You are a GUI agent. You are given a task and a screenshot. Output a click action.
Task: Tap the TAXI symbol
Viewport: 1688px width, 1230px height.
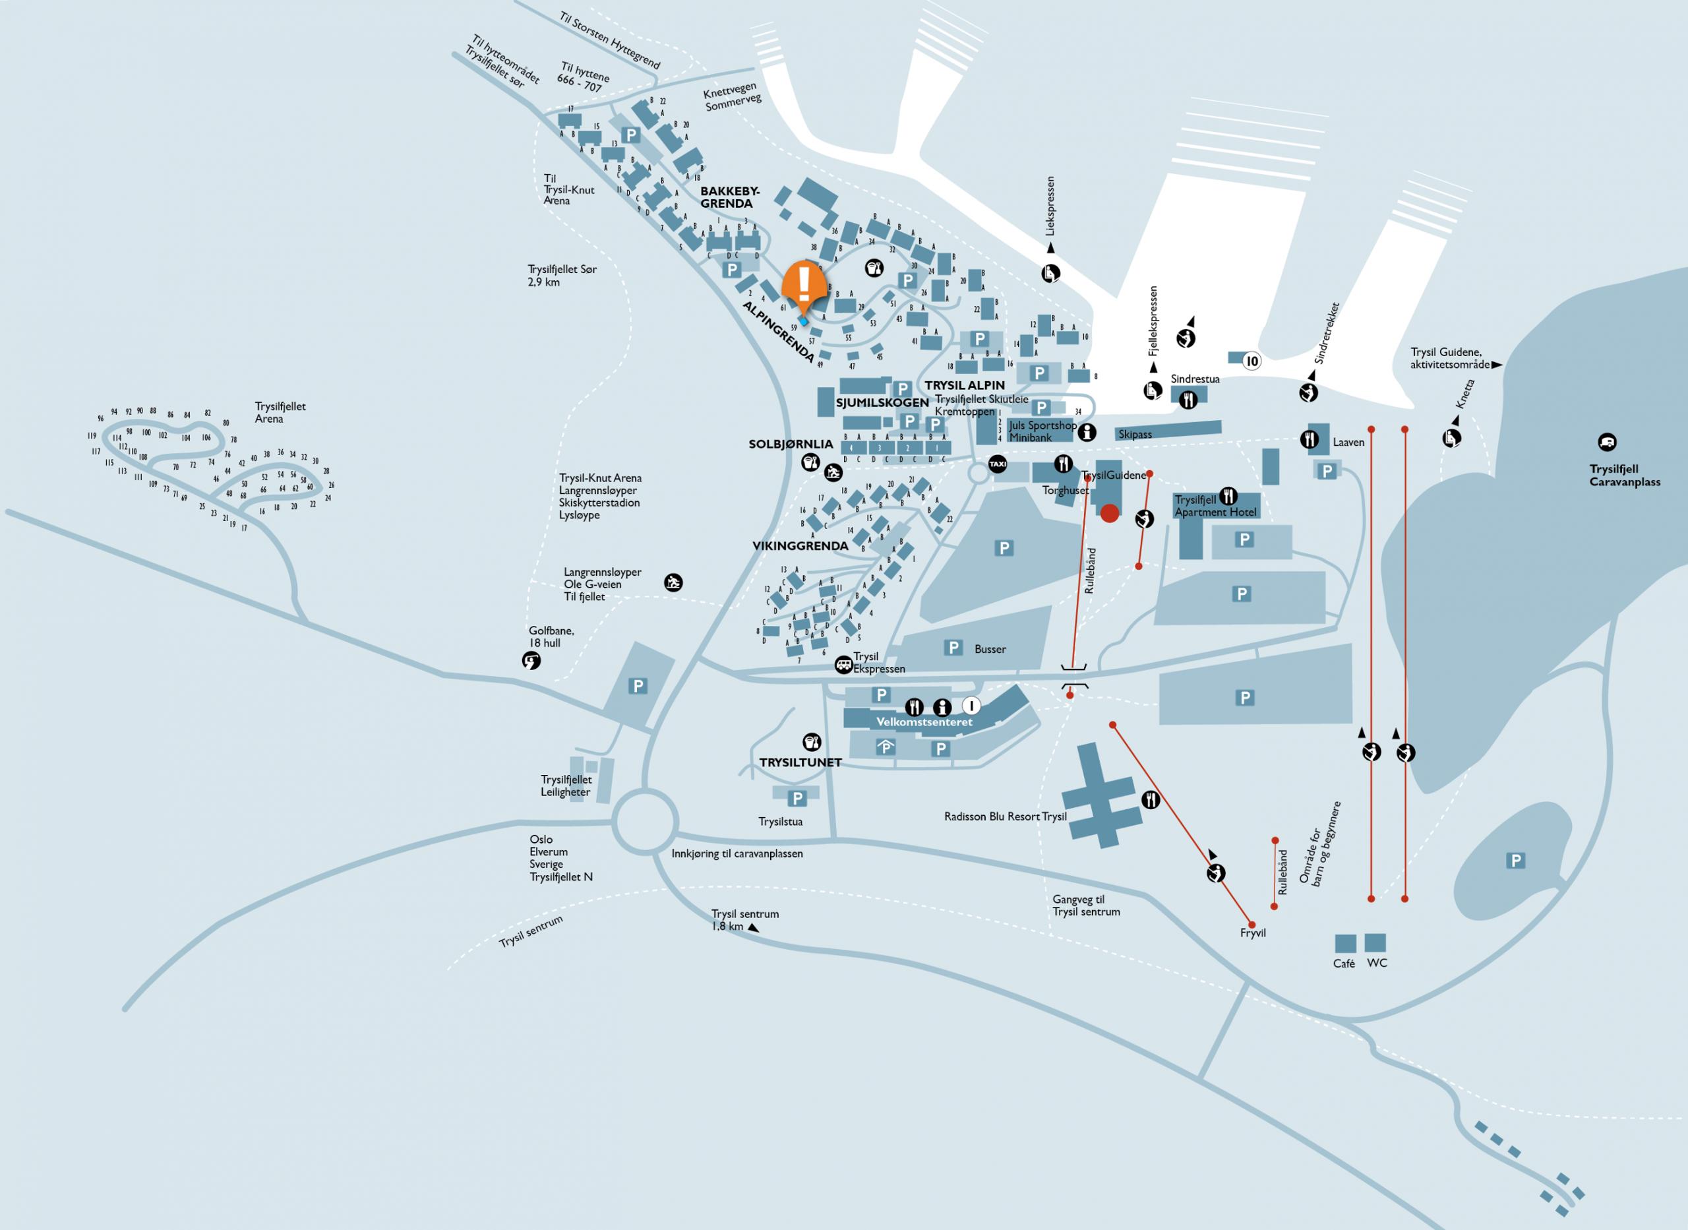pos(998,464)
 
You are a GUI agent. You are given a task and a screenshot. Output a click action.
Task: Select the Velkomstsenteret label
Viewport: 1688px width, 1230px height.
pos(924,722)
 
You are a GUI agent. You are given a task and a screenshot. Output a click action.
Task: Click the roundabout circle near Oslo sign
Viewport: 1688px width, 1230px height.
pos(646,822)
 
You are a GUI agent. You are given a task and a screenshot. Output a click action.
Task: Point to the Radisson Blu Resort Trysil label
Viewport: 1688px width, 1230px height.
pos(1005,816)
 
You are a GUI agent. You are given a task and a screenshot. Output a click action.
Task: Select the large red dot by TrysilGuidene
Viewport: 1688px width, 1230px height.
pos(1109,513)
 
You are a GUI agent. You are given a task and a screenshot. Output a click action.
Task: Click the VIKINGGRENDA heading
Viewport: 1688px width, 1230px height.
pos(800,546)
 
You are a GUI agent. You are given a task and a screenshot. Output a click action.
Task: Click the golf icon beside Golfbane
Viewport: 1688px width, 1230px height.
pos(531,660)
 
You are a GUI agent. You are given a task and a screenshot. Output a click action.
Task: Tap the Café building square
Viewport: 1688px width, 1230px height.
pos(1345,943)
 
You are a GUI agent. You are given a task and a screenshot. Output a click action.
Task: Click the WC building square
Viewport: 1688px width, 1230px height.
pos(1375,942)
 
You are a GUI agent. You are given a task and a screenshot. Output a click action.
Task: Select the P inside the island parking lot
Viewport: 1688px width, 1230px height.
pos(1515,861)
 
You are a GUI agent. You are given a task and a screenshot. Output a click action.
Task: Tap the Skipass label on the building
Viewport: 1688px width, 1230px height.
pos(1134,434)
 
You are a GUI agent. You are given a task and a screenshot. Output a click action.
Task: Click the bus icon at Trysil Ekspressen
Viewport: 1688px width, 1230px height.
pos(843,663)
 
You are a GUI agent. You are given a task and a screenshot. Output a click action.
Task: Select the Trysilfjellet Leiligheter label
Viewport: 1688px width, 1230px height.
pos(566,785)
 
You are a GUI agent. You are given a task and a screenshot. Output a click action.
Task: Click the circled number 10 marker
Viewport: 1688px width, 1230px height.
pos(1252,362)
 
